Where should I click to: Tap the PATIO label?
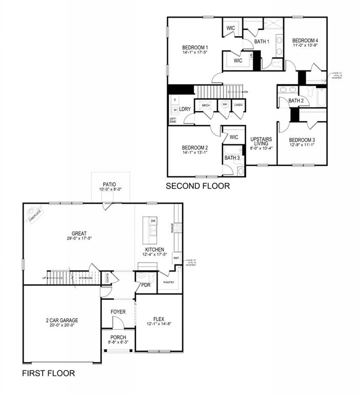tap(108, 184)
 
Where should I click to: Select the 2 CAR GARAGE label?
tap(62, 321)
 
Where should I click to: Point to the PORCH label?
tap(117, 338)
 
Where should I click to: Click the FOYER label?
tap(117, 312)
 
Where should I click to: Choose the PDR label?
tap(146, 285)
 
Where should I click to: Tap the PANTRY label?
tap(169, 282)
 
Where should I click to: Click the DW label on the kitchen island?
tap(153, 221)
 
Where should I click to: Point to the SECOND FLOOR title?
tap(197, 186)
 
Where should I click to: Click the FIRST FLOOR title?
tap(48, 373)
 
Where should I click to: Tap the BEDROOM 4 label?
tap(305, 41)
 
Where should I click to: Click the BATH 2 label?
tap(296, 101)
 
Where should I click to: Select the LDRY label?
tap(185, 109)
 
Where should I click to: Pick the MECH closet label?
tap(206, 105)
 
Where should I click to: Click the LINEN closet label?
tap(238, 105)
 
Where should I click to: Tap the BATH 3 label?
tap(232, 157)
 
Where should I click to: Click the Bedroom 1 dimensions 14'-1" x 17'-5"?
tap(194, 53)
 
